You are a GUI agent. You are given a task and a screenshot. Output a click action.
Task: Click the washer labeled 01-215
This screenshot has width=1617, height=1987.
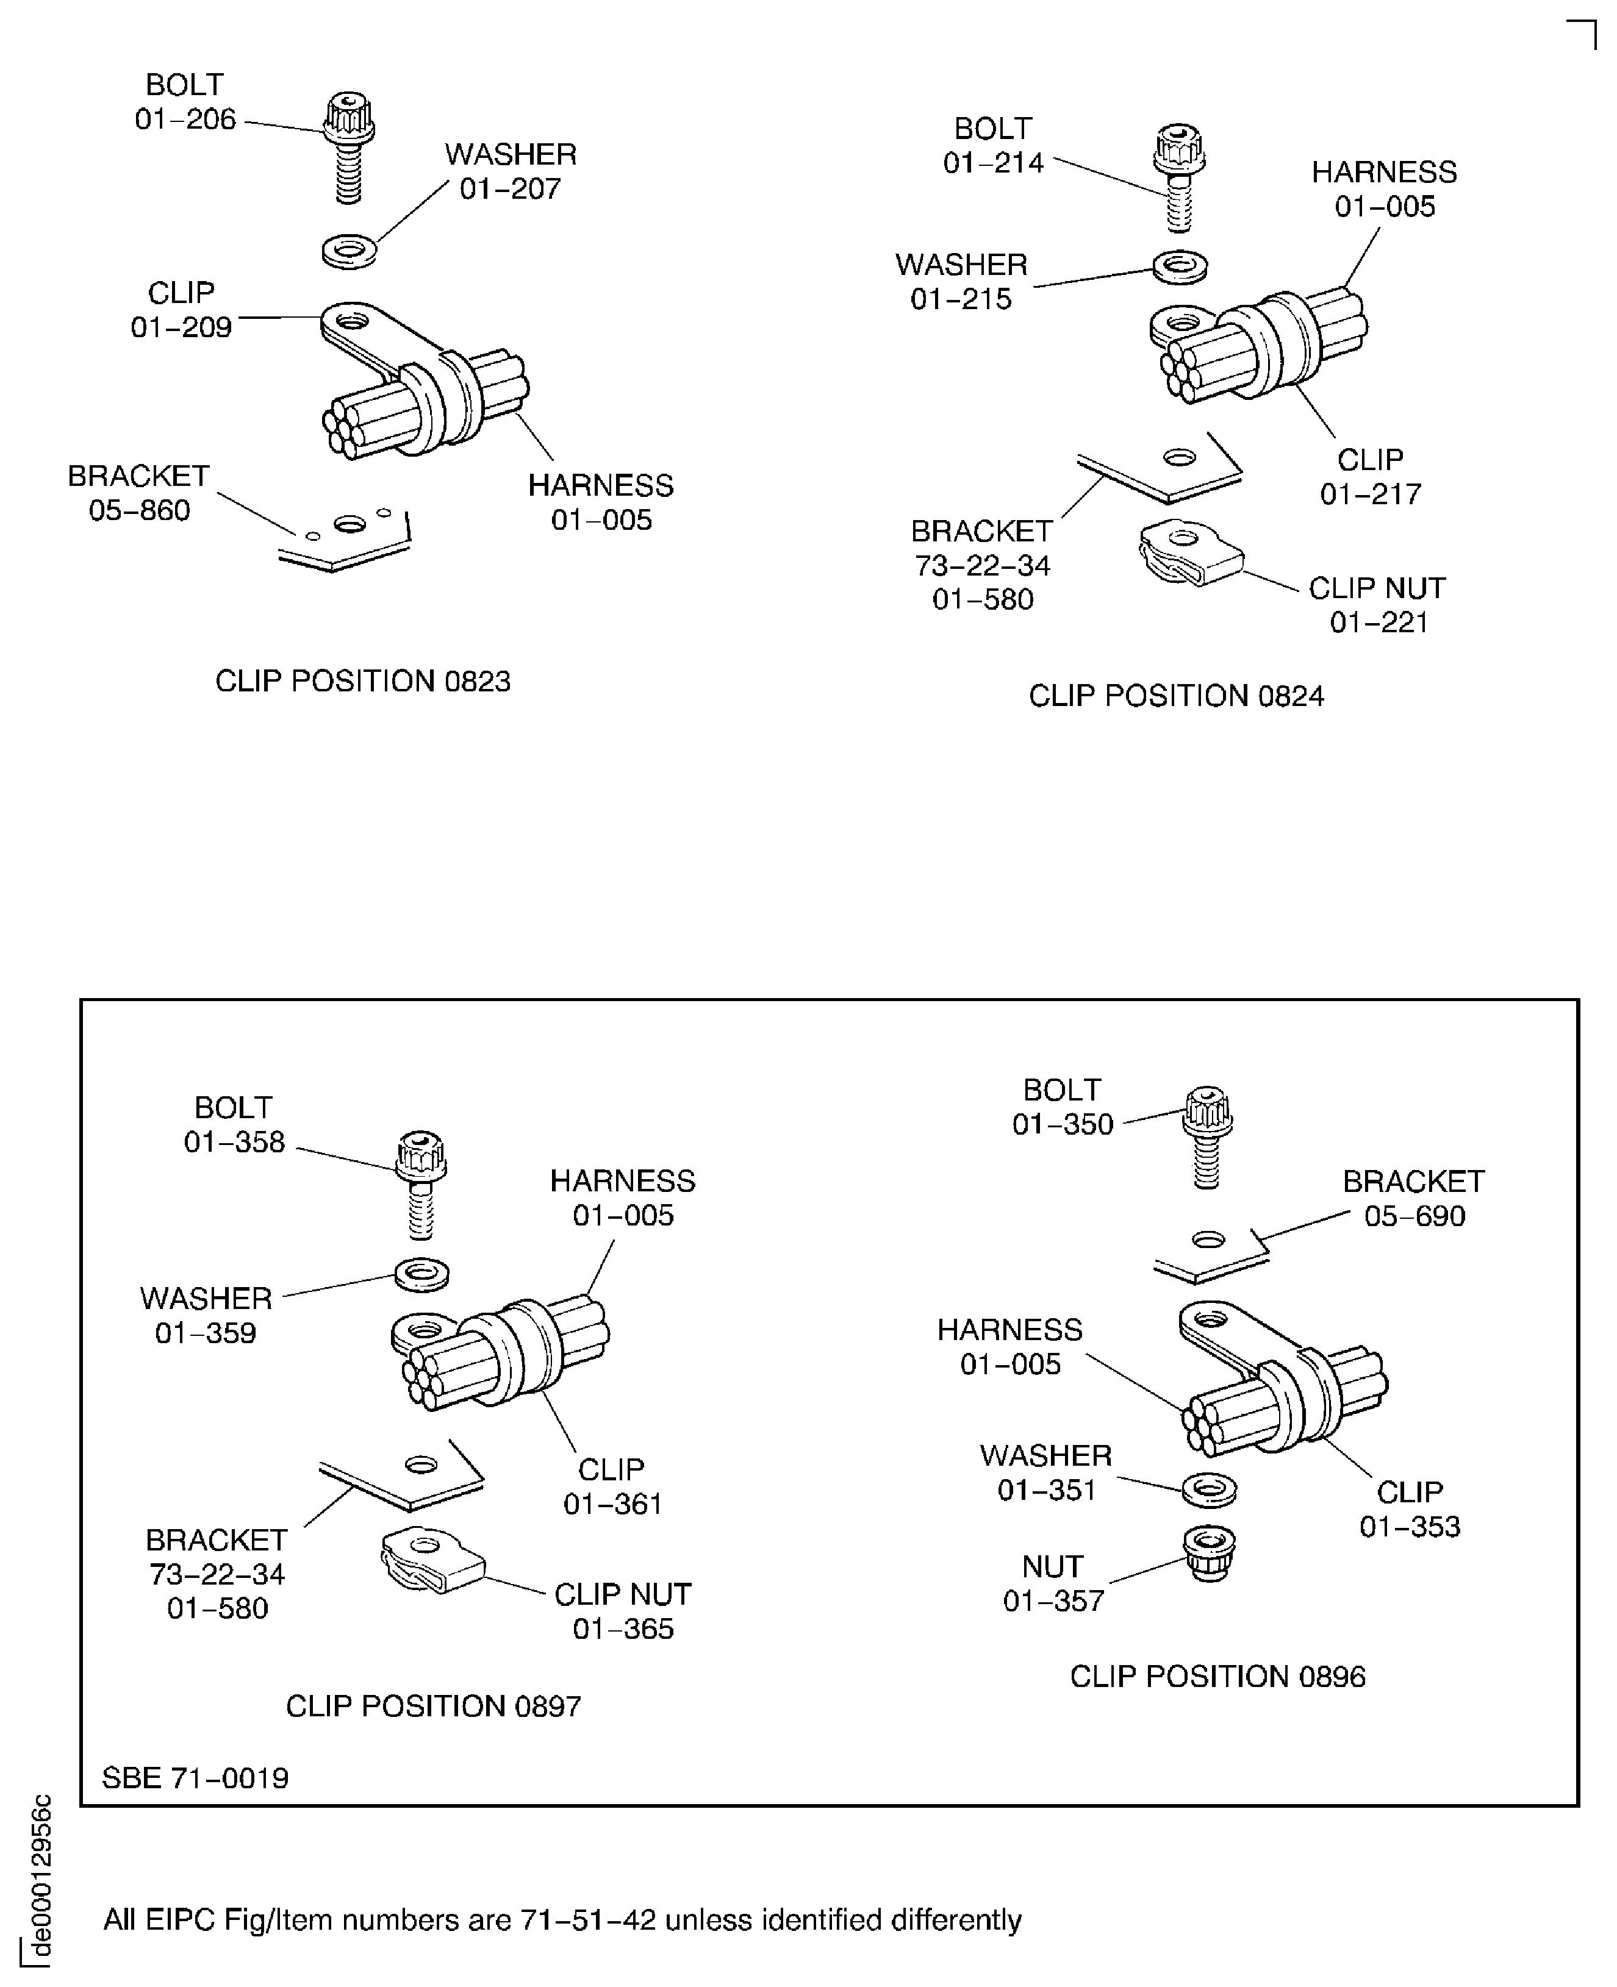click(x=1180, y=267)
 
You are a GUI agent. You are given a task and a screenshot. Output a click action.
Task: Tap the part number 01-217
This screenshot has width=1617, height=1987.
click(x=1370, y=493)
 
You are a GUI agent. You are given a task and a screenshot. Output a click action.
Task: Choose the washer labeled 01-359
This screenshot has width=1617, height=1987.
click(x=422, y=1273)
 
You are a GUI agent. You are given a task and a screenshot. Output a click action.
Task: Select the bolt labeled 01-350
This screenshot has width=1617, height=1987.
click(x=1207, y=1135)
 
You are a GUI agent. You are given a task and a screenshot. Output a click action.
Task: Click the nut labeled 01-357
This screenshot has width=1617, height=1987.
click(x=1209, y=1552)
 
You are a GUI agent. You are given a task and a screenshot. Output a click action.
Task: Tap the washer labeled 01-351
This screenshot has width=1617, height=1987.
click(x=1209, y=1489)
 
